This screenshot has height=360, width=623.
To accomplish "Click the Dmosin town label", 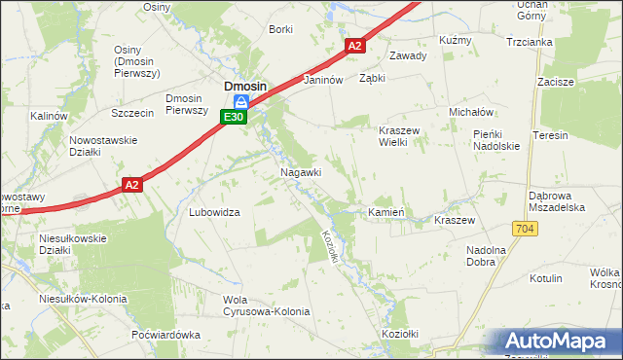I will [x=246, y=86].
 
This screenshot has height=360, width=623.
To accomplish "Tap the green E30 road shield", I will [x=233, y=117].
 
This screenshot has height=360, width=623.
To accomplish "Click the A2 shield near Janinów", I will [x=354, y=46].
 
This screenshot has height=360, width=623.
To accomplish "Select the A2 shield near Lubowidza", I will [x=133, y=183].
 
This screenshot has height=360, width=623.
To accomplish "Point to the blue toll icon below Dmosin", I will [x=247, y=101].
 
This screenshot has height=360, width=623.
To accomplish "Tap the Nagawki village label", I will [x=300, y=172].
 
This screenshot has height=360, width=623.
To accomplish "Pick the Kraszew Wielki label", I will [x=397, y=135].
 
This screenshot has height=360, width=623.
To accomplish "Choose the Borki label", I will [x=280, y=30].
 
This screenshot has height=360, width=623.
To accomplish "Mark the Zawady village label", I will [x=408, y=55].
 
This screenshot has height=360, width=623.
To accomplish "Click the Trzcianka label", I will [x=530, y=42].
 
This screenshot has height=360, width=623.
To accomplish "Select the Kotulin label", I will [x=546, y=278].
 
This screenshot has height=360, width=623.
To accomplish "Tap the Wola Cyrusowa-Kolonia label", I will [x=266, y=306].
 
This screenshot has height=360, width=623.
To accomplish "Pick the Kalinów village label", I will [x=48, y=116].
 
